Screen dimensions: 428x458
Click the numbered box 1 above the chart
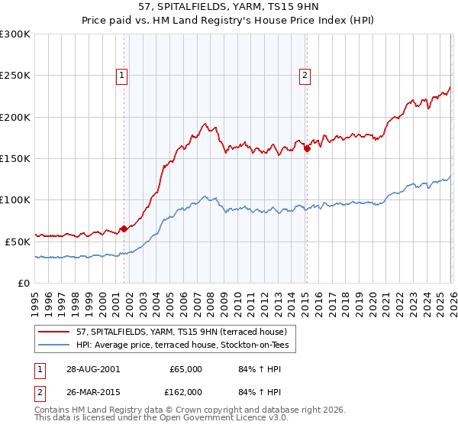[122, 75]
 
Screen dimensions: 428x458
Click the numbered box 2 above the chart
[305, 75]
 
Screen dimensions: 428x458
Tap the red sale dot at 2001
[124, 229]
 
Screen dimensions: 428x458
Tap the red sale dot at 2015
[307, 149]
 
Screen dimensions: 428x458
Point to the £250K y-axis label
[15, 76]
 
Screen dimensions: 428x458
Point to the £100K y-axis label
[15, 199]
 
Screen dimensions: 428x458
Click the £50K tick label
[18, 241]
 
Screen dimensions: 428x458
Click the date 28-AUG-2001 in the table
[92, 369]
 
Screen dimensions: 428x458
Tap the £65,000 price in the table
[185, 369]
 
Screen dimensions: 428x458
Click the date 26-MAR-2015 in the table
[92, 391]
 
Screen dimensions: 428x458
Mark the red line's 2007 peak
[205, 124]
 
